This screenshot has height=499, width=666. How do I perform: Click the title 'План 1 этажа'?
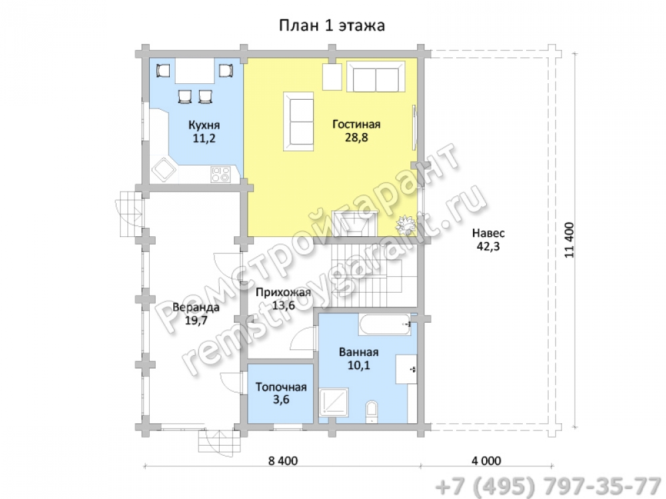point(332,25)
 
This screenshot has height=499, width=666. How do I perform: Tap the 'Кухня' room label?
point(204,125)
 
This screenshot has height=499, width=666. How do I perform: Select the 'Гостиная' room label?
point(356,124)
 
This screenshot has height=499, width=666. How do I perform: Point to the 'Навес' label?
point(488,233)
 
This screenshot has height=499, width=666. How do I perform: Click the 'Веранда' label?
point(196,307)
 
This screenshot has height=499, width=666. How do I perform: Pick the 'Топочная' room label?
point(281,387)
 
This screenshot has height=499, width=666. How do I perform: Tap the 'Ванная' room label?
point(358,352)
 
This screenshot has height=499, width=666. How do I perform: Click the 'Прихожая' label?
point(283,292)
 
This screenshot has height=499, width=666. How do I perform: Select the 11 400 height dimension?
point(569,240)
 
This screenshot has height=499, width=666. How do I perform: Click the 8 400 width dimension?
point(283,460)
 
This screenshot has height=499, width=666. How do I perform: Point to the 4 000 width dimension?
point(486,460)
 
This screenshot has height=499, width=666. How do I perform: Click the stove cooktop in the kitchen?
point(220,174)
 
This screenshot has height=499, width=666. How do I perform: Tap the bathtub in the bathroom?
point(385,325)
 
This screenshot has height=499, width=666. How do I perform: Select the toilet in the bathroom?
point(372,411)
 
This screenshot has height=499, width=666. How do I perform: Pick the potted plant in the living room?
point(405,224)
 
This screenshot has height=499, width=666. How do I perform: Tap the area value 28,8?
point(356,138)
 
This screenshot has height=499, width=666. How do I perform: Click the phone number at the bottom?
point(548,486)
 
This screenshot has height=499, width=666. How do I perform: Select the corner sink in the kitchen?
point(164,170)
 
